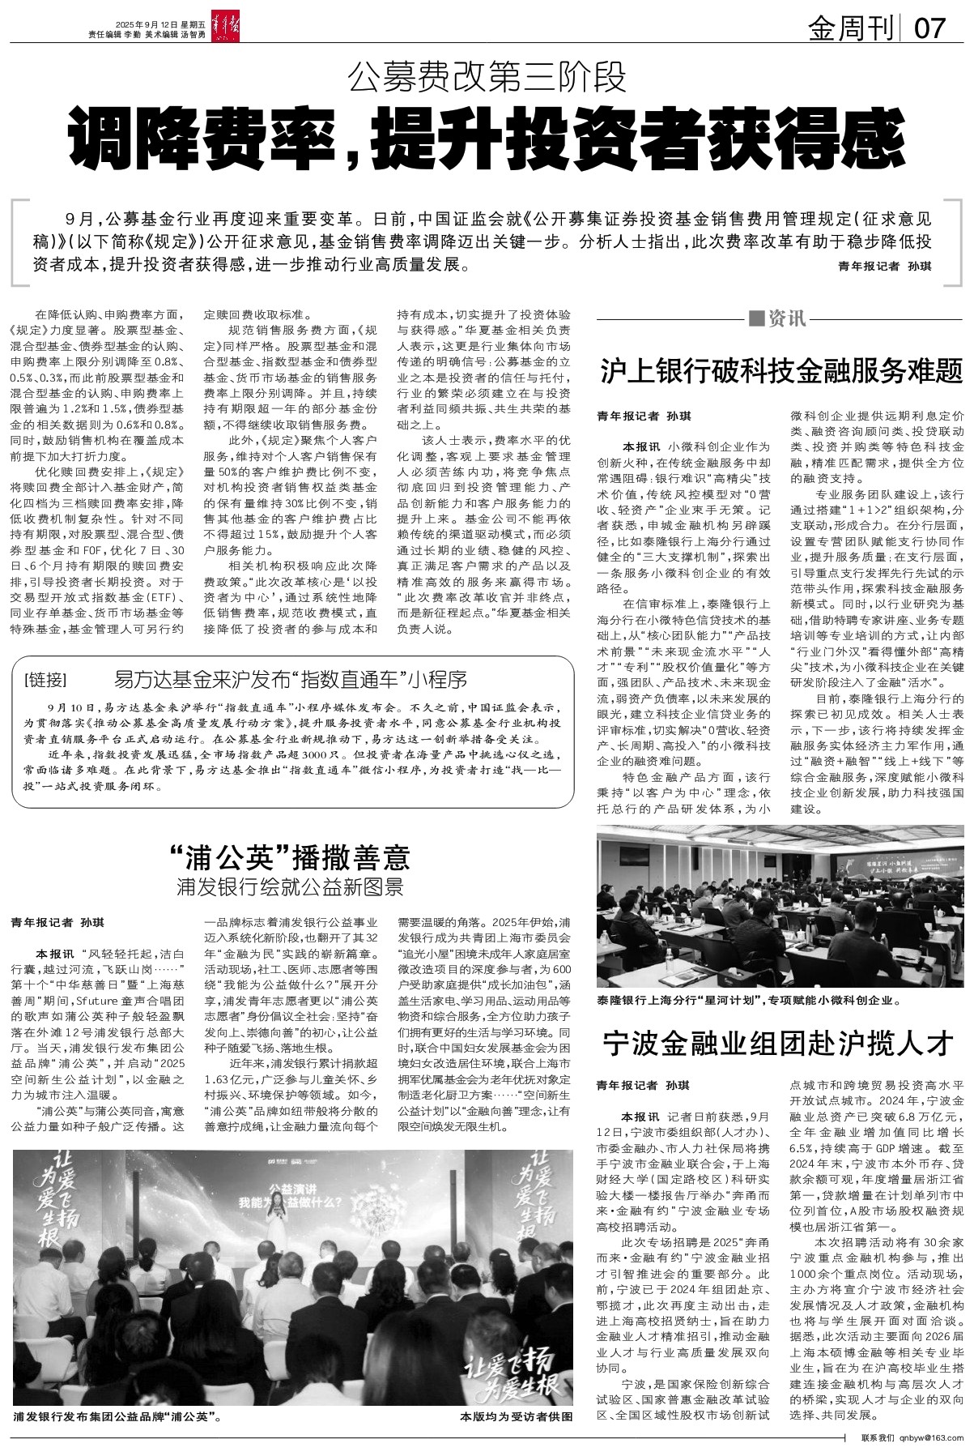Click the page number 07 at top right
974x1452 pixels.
pyautogui.click(x=929, y=29)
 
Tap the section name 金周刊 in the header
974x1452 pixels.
pyautogui.click(x=853, y=29)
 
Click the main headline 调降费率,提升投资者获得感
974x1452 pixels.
pyautogui.click(x=487, y=138)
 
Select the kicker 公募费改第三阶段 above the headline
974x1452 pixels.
pyautogui.click(x=487, y=79)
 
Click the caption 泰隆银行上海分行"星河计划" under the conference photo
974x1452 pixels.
pyautogui.click(x=749, y=1001)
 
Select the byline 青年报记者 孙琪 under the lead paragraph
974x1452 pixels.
pyautogui.click(x=884, y=266)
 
